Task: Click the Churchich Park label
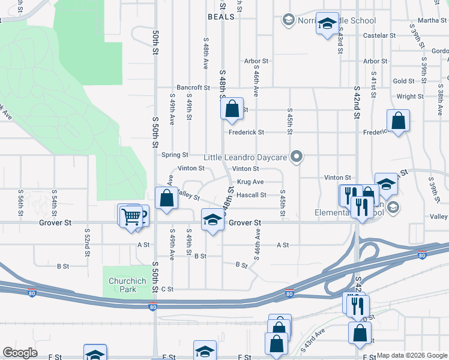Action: pos(122,285)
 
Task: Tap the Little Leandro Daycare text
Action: pos(246,158)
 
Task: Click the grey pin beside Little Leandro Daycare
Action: pos(295,157)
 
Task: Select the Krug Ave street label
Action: pos(250,182)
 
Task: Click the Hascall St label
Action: pos(251,195)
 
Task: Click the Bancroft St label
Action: pos(193,88)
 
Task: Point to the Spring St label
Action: pos(175,155)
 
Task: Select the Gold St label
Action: pos(403,81)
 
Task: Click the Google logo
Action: pos(20,353)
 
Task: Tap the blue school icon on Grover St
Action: pos(211,220)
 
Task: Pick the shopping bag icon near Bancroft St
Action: pos(232,110)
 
